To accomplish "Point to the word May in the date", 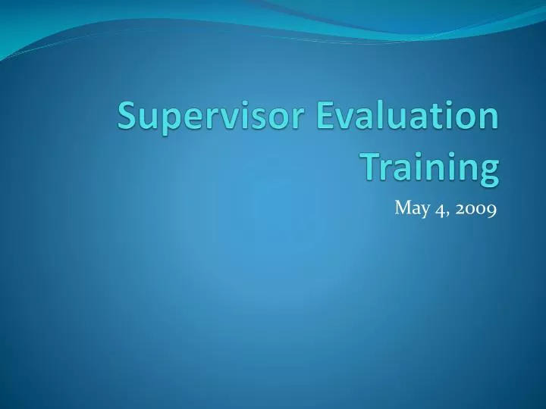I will [409, 210].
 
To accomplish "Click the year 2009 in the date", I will [475, 209].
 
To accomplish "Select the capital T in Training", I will [370, 166].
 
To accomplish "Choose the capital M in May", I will [402, 209].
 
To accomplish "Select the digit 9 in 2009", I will [491, 210].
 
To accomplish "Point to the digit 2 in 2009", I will [460, 209].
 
